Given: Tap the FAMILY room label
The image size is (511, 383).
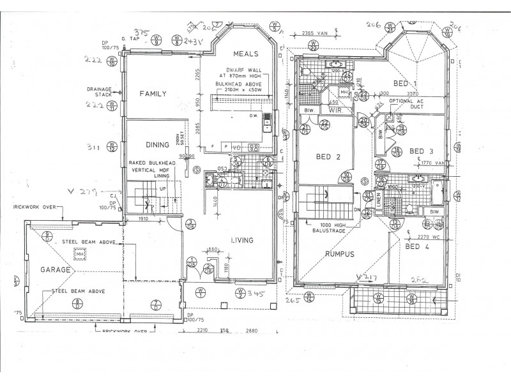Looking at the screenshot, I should click(153, 94).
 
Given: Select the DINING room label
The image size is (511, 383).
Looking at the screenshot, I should click(156, 145).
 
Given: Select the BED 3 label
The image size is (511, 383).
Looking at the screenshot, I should click(422, 151).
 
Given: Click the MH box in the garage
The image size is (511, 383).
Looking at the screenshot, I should click(80, 255).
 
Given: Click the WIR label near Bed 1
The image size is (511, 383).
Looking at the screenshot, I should click(336, 111).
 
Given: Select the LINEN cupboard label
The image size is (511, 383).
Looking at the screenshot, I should click(379, 202).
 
